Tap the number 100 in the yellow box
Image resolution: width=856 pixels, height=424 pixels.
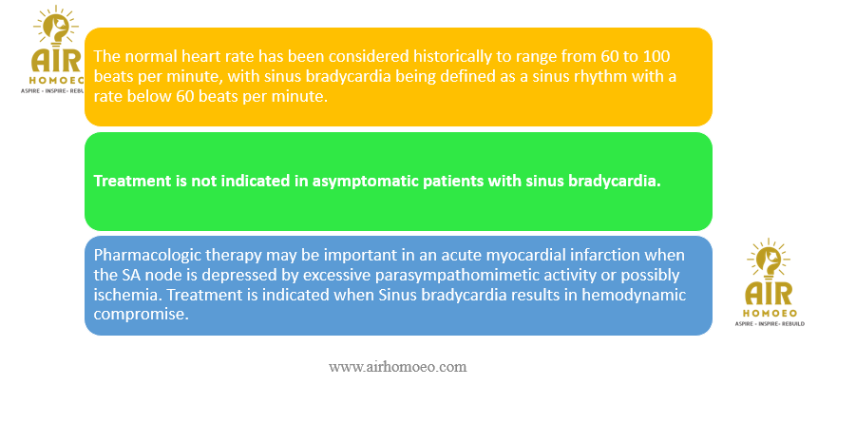[x=656, y=56]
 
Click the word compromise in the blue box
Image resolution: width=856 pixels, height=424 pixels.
[x=140, y=315]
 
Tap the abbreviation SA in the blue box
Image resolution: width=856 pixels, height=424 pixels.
[x=124, y=276]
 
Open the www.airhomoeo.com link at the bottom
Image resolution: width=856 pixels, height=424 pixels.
[x=398, y=367]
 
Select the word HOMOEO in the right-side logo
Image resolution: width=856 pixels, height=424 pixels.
[x=770, y=313]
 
